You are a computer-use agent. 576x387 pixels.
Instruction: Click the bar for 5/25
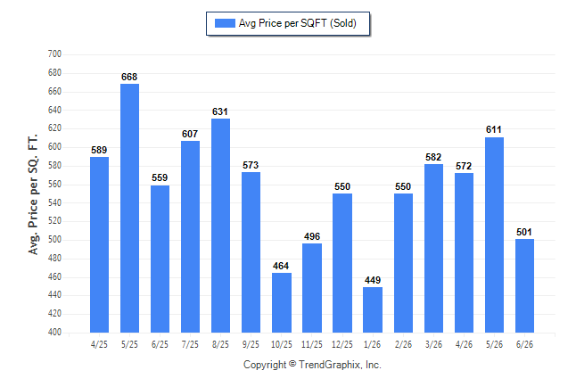point(129,208)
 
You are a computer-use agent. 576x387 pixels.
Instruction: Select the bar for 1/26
point(373,309)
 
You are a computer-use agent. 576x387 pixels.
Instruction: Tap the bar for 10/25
point(282,302)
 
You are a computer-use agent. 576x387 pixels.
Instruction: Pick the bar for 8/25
point(221,226)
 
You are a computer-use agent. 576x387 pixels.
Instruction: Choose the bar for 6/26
point(524,285)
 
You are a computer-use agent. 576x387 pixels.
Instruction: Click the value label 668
point(129,77)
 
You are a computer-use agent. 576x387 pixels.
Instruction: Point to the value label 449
point(373,280)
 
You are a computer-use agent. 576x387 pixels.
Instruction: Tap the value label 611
point(494,129)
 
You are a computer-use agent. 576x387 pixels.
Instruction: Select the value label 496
point(312,236)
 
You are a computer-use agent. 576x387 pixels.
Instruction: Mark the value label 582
point(433,157)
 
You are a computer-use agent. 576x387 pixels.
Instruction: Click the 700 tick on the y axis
point(54,54)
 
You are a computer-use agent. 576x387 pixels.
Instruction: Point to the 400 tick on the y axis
point(54,332)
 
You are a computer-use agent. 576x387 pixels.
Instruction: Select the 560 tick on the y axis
point(54,184)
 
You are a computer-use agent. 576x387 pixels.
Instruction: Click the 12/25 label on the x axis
point(342,344)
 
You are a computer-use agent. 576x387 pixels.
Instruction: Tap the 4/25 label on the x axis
point(99,344)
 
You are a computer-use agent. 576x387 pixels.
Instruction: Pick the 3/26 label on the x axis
point(433,344)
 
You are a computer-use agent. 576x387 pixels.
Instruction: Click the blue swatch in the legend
point(225,23)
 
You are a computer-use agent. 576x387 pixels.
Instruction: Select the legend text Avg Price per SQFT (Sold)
point(298,23)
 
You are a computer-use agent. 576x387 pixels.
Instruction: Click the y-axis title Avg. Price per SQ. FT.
point(33,194)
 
